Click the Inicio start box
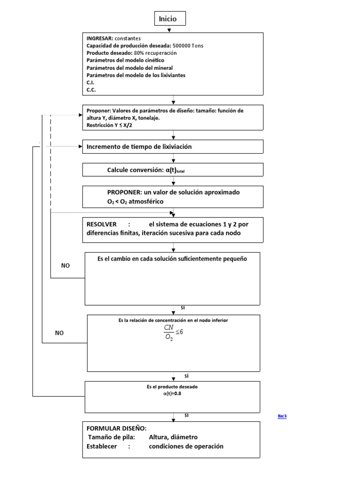pyautogui.click(x=170, y=19)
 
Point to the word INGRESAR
pyautogui.click(x=100, y=38)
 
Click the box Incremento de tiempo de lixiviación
pyautogui.click(x=173, y=147)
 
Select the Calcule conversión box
pyautogui.click(x=173, y=170)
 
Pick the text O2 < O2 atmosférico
pyautogui.click(x=135, y=201)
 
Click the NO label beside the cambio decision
pyautogui.click(x=65, y=266)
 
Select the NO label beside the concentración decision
pyautogui.click(x=59, y=333)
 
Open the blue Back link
pyautogui.click(x=282, y=416)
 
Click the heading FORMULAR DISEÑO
pyautogui.click(x=116, y=428)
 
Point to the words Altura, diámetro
pyautogui.click(x=173, y=437)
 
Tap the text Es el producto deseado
pyautogui.click(x=172, y=387)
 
